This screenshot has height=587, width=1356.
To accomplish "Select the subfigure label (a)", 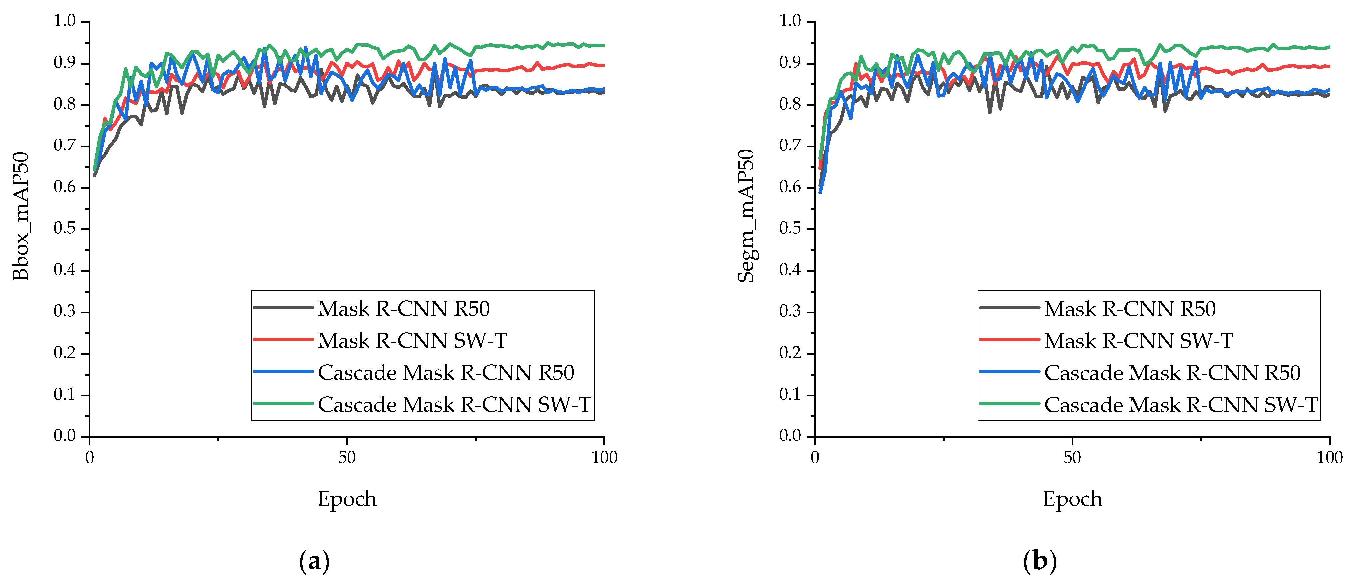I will click(314, 562).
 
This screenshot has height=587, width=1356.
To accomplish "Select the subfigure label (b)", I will click(1040, 562).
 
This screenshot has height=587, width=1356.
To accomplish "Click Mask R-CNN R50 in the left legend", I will click(404, 309).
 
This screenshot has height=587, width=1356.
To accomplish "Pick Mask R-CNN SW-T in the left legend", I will click(412, 341).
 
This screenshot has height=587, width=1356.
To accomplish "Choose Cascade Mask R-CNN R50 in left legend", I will click(446, 373).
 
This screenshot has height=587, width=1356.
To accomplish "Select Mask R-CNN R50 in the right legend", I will click(1130, 309).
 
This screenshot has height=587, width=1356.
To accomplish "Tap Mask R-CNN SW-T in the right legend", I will click(1138, 341).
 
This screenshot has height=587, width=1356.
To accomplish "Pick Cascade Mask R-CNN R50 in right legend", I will click(1172, 373).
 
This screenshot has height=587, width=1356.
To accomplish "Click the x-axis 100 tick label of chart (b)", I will click(1330, 457).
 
